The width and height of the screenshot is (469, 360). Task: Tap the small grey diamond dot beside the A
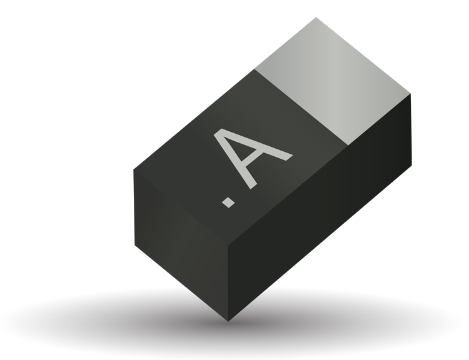coord(228,202)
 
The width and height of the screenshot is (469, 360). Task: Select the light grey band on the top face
coord(333,81)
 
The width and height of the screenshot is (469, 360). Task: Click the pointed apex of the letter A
coord(218,132)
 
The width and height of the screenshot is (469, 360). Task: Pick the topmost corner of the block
coord(316,17)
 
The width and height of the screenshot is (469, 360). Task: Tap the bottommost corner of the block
coord(228,321)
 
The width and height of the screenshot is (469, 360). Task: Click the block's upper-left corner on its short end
coord(133,169)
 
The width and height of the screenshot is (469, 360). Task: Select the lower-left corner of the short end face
coord(135,245)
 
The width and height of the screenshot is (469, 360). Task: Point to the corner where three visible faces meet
coord(228,246)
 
